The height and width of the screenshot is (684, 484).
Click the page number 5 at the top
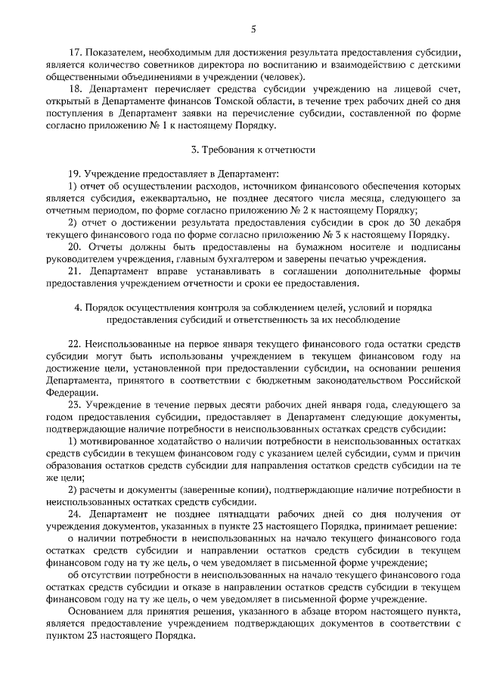[x=253, y=29]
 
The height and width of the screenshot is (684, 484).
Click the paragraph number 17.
[x=73, y=54]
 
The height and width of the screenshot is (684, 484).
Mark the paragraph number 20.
[x=73, y=246]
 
